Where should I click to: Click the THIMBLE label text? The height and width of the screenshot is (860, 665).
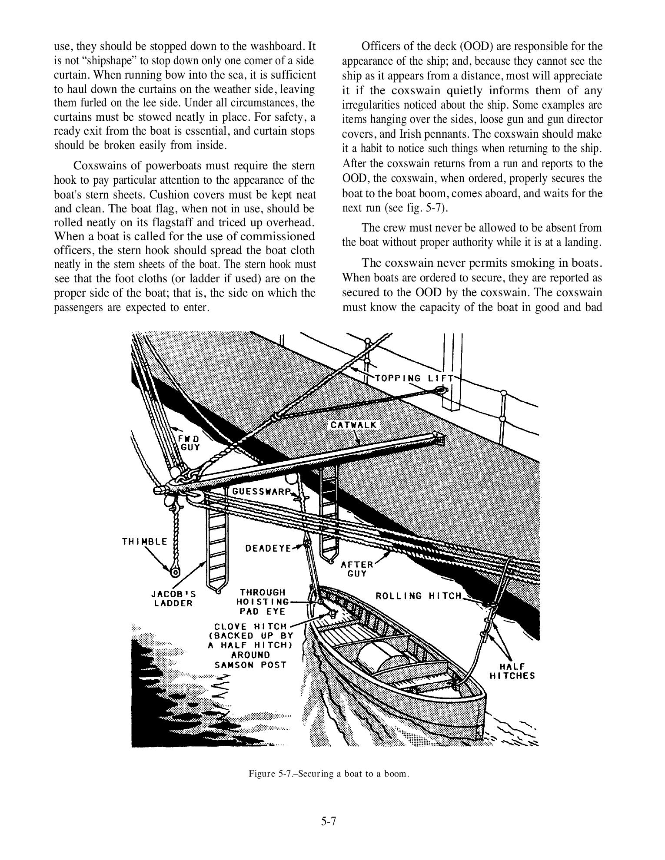click(145, 541)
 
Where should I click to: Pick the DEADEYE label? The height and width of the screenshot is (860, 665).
click(268, 548)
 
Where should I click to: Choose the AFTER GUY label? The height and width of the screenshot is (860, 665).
click(357, 569)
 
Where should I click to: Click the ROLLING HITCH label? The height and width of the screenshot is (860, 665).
click(418, 596)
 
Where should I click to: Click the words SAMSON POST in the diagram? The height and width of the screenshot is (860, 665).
click(251, 665)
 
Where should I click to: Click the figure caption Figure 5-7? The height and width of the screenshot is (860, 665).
click(329, 774)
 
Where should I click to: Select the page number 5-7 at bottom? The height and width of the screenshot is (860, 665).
click(329, 821)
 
